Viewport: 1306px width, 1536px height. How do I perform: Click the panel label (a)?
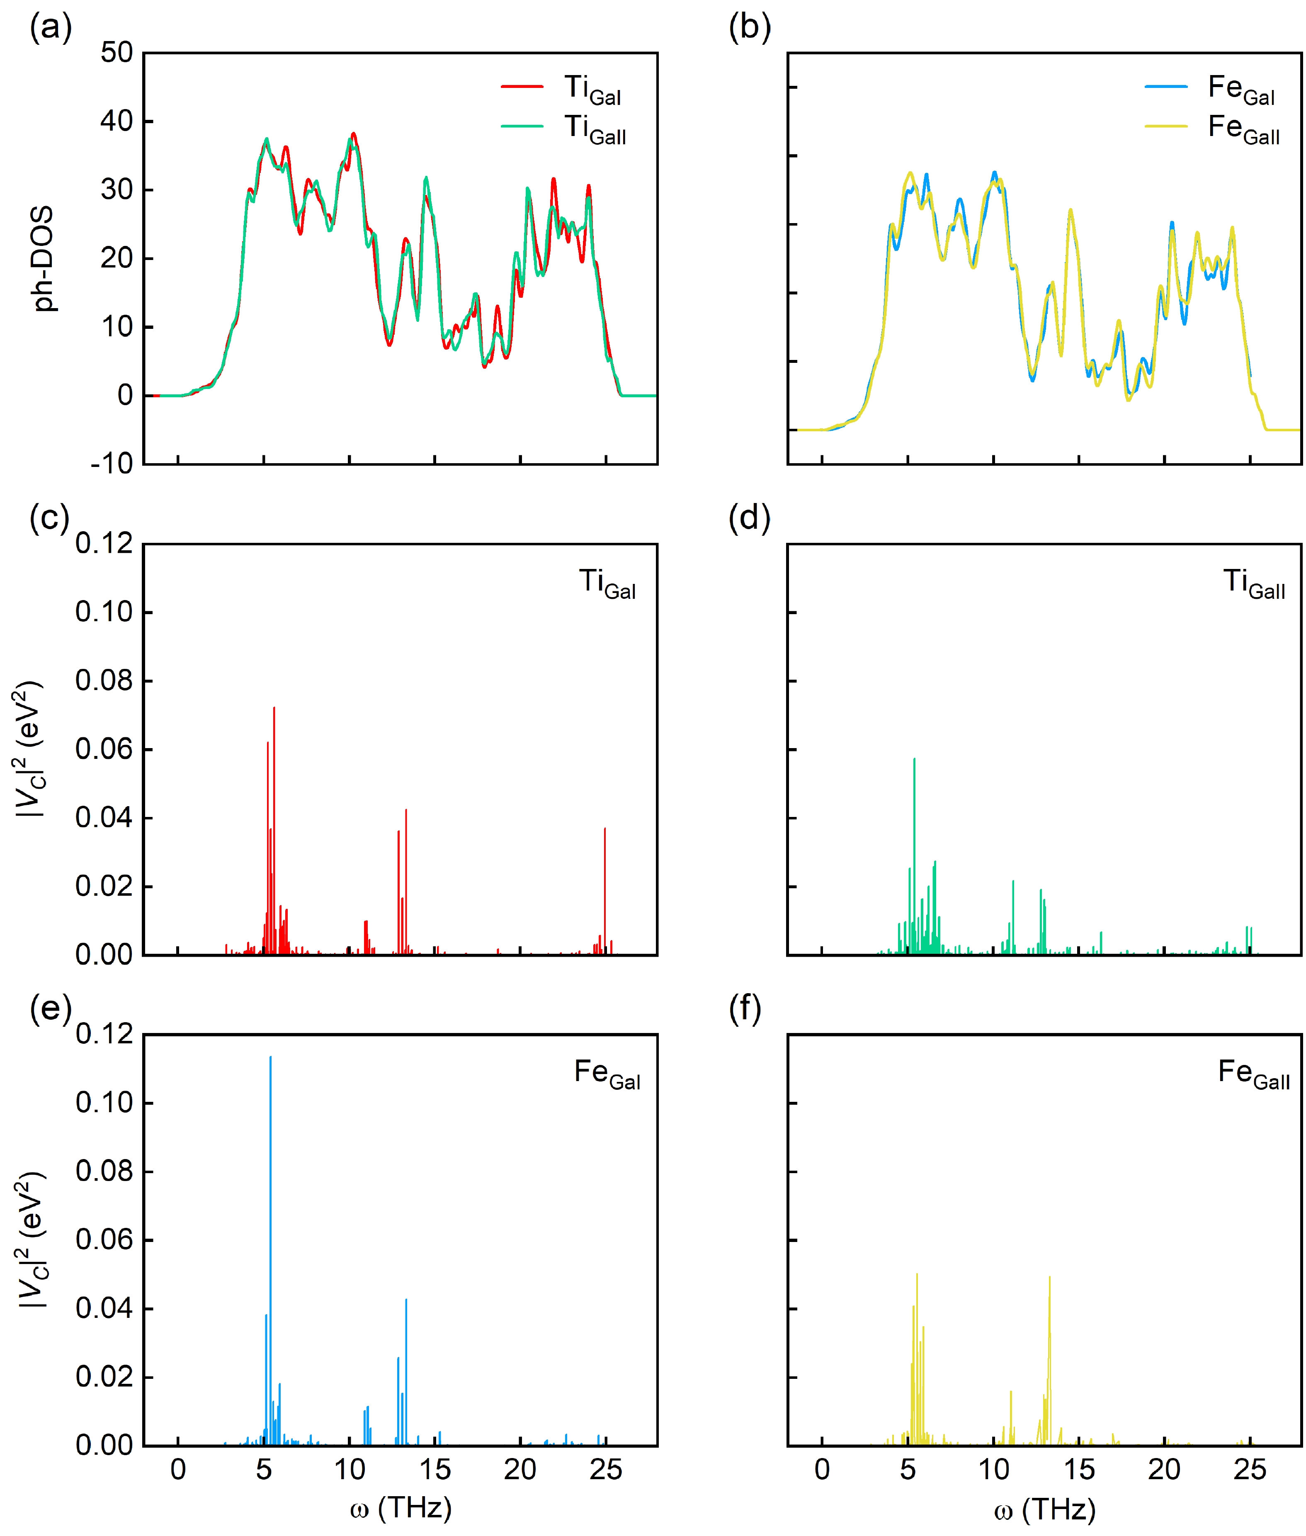coord(50,28)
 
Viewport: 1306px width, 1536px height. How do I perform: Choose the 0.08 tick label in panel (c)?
coord(104,681)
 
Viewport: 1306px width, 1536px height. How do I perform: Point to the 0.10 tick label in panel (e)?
coord(104,1103)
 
